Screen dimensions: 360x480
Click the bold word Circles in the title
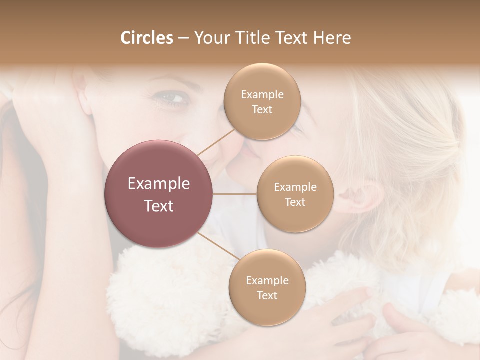tap(147, 38)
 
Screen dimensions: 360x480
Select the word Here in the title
tap(332, 38)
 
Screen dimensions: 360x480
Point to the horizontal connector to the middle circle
tap(235, 194)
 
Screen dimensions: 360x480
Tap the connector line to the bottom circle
tap(218, 246)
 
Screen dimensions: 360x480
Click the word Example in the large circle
tap(159, 184)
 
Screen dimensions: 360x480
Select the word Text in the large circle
tap(159, 206)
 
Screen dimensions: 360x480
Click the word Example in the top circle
tap(262, 95)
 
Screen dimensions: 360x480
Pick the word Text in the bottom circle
tap(267, 295)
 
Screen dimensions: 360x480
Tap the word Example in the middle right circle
tap(295, 187)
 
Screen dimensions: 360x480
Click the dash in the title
tap(183, 38)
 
